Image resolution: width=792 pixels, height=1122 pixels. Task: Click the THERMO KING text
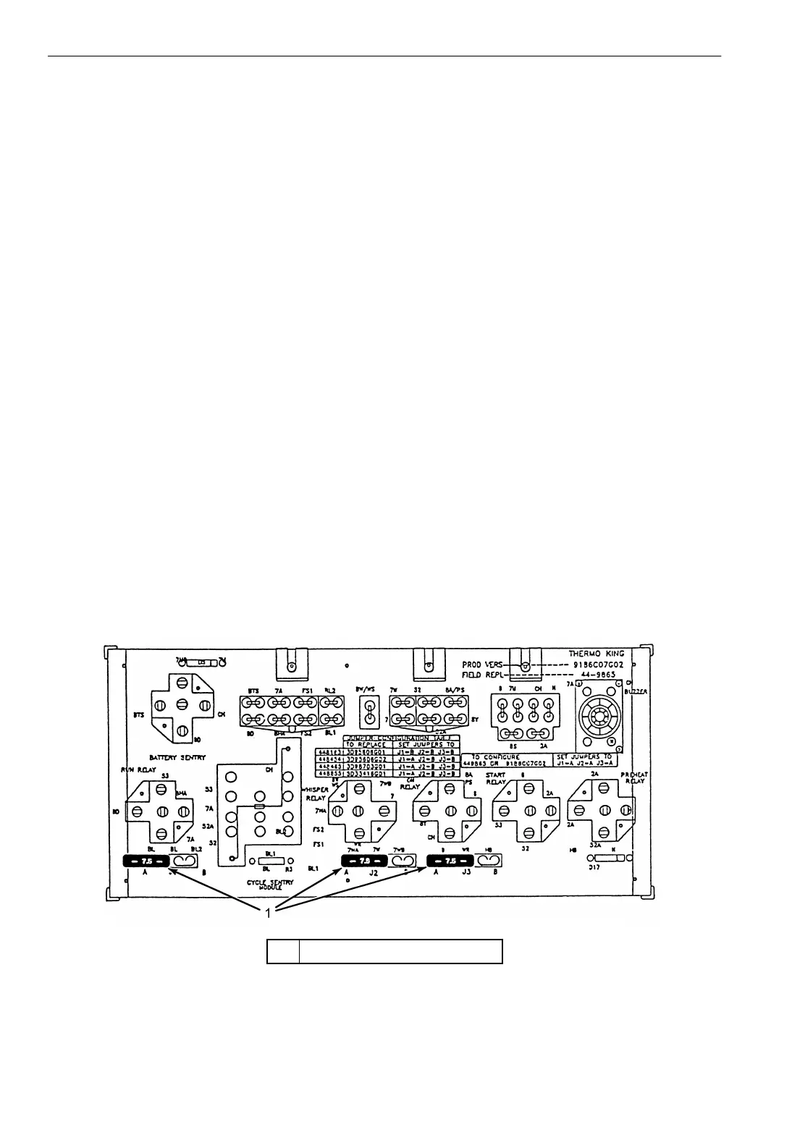click(x=597, y=654)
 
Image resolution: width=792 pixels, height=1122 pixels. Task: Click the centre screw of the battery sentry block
click(x=182, y=705)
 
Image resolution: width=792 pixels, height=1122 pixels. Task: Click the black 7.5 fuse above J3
click(x=450, y=861)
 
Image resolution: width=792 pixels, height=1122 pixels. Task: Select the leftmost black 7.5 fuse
click(x=146, y=861)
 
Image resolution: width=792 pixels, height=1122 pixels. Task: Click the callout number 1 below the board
click(x=268, y=914)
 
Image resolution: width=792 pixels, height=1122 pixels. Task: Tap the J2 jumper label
click(x=374, y=873)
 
